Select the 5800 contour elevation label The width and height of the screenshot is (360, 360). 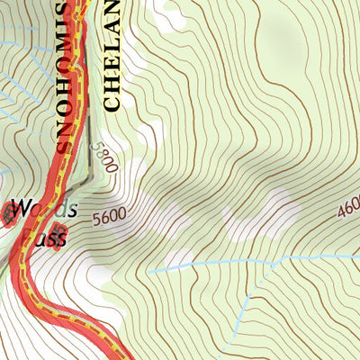[x=103, y=158]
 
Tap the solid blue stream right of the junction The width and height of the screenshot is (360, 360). [x=315, y=256]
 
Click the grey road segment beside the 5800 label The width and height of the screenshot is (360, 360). [x=91, y=162]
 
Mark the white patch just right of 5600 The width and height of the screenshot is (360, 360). [x=148, y=216]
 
